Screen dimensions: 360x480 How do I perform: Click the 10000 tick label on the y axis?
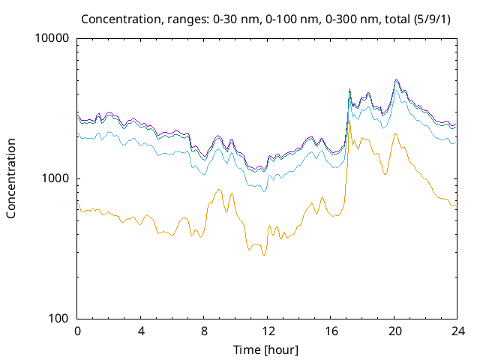click(x=52, y=38)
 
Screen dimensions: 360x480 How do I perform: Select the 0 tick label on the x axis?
click(x=77, y=331)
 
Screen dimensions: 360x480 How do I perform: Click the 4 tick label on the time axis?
click(x=141, y=331)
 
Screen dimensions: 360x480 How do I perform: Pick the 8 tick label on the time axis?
click(x=204, y=331)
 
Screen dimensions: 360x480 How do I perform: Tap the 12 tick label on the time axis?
click(x=267, y=331)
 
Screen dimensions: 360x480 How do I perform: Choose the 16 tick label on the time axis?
click(x=331, y=331)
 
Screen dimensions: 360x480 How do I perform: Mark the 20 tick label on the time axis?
click(x=394, y=331)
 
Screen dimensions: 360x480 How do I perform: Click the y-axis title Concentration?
click(x=11, y=178)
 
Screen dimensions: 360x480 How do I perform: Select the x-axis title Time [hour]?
click(x=267, y=349)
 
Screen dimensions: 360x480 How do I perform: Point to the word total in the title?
click(x=393, y=17)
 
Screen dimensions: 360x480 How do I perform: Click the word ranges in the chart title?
click(x=175, y=17)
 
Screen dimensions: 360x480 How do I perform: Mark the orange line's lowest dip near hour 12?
click(x=263, y=256)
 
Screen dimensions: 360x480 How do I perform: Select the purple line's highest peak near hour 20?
click(x=396, y=79)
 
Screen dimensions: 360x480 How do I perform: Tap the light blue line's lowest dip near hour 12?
click(x=263, y=191)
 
